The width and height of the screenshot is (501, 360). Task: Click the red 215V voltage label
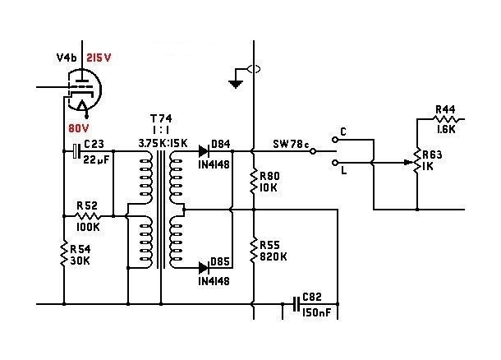pos(99,58)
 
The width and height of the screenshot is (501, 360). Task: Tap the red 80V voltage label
pos(79,128)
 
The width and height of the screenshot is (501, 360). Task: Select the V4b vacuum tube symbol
pos(85,91)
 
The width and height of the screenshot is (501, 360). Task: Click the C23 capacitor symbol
pos(76,151)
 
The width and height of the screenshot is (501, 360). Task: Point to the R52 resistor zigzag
pos(88,216)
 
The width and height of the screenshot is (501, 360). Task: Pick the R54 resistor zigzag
pos(64,254)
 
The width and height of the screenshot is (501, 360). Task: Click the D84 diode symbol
pos(204,151)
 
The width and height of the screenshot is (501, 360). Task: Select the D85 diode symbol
pos(204,268)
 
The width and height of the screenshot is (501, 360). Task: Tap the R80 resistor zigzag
pos(254,182)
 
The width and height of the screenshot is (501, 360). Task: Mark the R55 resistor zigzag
pos(254,251)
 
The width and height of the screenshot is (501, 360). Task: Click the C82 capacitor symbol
pos(296,304)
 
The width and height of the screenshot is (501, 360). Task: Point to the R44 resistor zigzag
pos(446,119)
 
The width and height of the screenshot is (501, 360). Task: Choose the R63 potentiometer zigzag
pos(417,162)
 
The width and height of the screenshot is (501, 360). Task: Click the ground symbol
pos(236,84)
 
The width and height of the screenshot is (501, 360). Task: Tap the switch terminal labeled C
pos(335,140)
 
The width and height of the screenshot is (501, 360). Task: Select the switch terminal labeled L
pos(335,163)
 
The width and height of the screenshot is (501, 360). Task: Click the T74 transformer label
pos(161,118)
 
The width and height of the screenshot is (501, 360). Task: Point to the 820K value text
pos(273,256)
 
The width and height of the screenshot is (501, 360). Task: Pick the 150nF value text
pos(317,312)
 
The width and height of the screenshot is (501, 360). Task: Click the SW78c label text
pos(291,144)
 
